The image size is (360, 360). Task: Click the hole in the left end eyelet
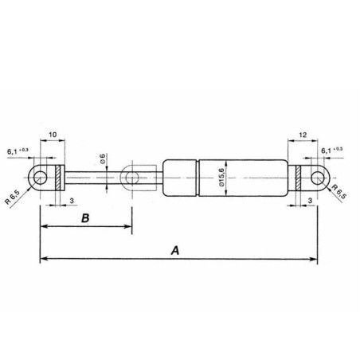click(39, 178)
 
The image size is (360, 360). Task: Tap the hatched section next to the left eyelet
click(58, 178)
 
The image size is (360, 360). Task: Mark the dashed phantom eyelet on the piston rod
click(131, 178)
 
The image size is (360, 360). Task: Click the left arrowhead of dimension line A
click(43, 259)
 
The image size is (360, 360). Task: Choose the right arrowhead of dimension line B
click(127, 229)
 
